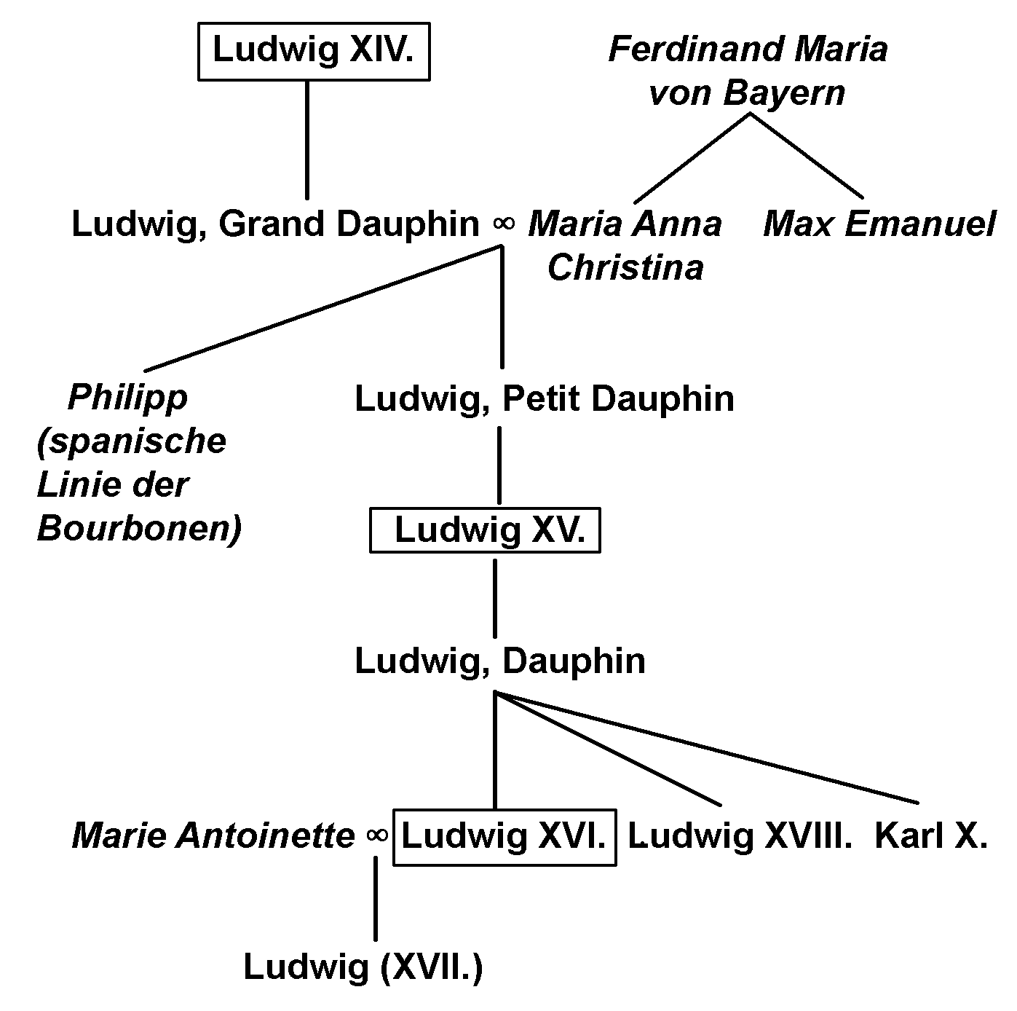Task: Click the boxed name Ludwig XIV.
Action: [313, 50]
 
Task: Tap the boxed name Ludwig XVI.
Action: [504, 836]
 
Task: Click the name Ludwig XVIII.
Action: [740, 836]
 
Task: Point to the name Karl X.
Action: [930, 836]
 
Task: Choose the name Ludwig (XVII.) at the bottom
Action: [363, 967]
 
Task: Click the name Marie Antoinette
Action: [213, 836]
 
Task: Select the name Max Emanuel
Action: [879, 224]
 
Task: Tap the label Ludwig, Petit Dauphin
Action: [544, 399]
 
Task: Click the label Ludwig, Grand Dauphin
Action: [275, 224]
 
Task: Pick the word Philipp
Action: [127, 398]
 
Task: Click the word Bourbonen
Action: [138, 530]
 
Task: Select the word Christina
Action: [625, 267]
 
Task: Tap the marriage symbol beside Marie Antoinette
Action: [377, 835]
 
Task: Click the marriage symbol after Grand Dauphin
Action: [503, 224]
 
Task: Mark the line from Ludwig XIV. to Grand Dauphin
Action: [306, 138]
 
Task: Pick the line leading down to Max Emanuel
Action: [807, 157]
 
